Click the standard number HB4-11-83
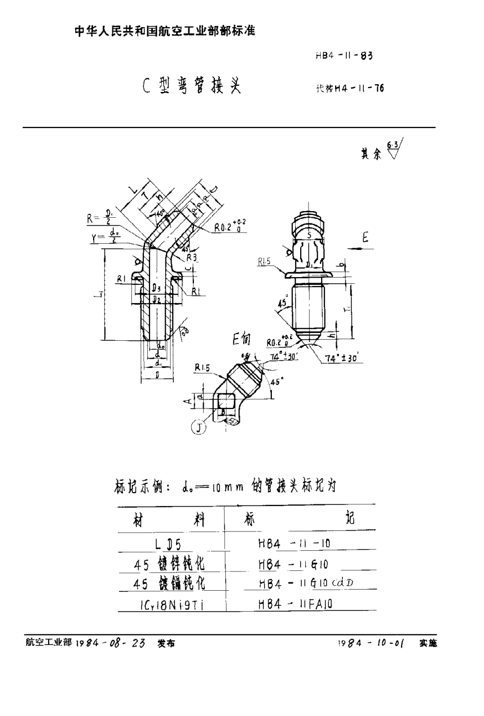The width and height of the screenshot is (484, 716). point(343,55)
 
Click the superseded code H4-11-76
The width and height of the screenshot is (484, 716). point(350,88)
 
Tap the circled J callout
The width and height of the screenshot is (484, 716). point(197,428)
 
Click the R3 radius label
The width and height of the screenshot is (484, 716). point(192,258)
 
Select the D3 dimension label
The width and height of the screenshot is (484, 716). point(157,289)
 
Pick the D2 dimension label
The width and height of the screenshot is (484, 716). point(157,299)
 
